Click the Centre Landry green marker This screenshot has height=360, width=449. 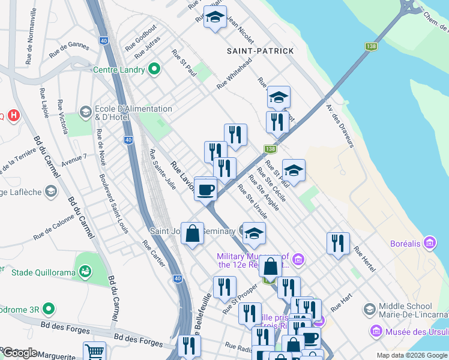pos(154,70)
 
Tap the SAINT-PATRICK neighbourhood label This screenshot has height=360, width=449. pos(261,51)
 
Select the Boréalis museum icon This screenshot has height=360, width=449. pos(429,243)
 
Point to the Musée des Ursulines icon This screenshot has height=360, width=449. pos(376,331)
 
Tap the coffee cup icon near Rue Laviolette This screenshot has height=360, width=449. pos(205,191)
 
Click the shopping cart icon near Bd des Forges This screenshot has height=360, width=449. pos(94,352)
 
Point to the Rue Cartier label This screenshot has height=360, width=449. pos(154,254)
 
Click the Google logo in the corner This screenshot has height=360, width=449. pos(20,352)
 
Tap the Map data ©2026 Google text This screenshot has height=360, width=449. pos(412,355)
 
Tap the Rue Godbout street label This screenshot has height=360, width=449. pos(140,38)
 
